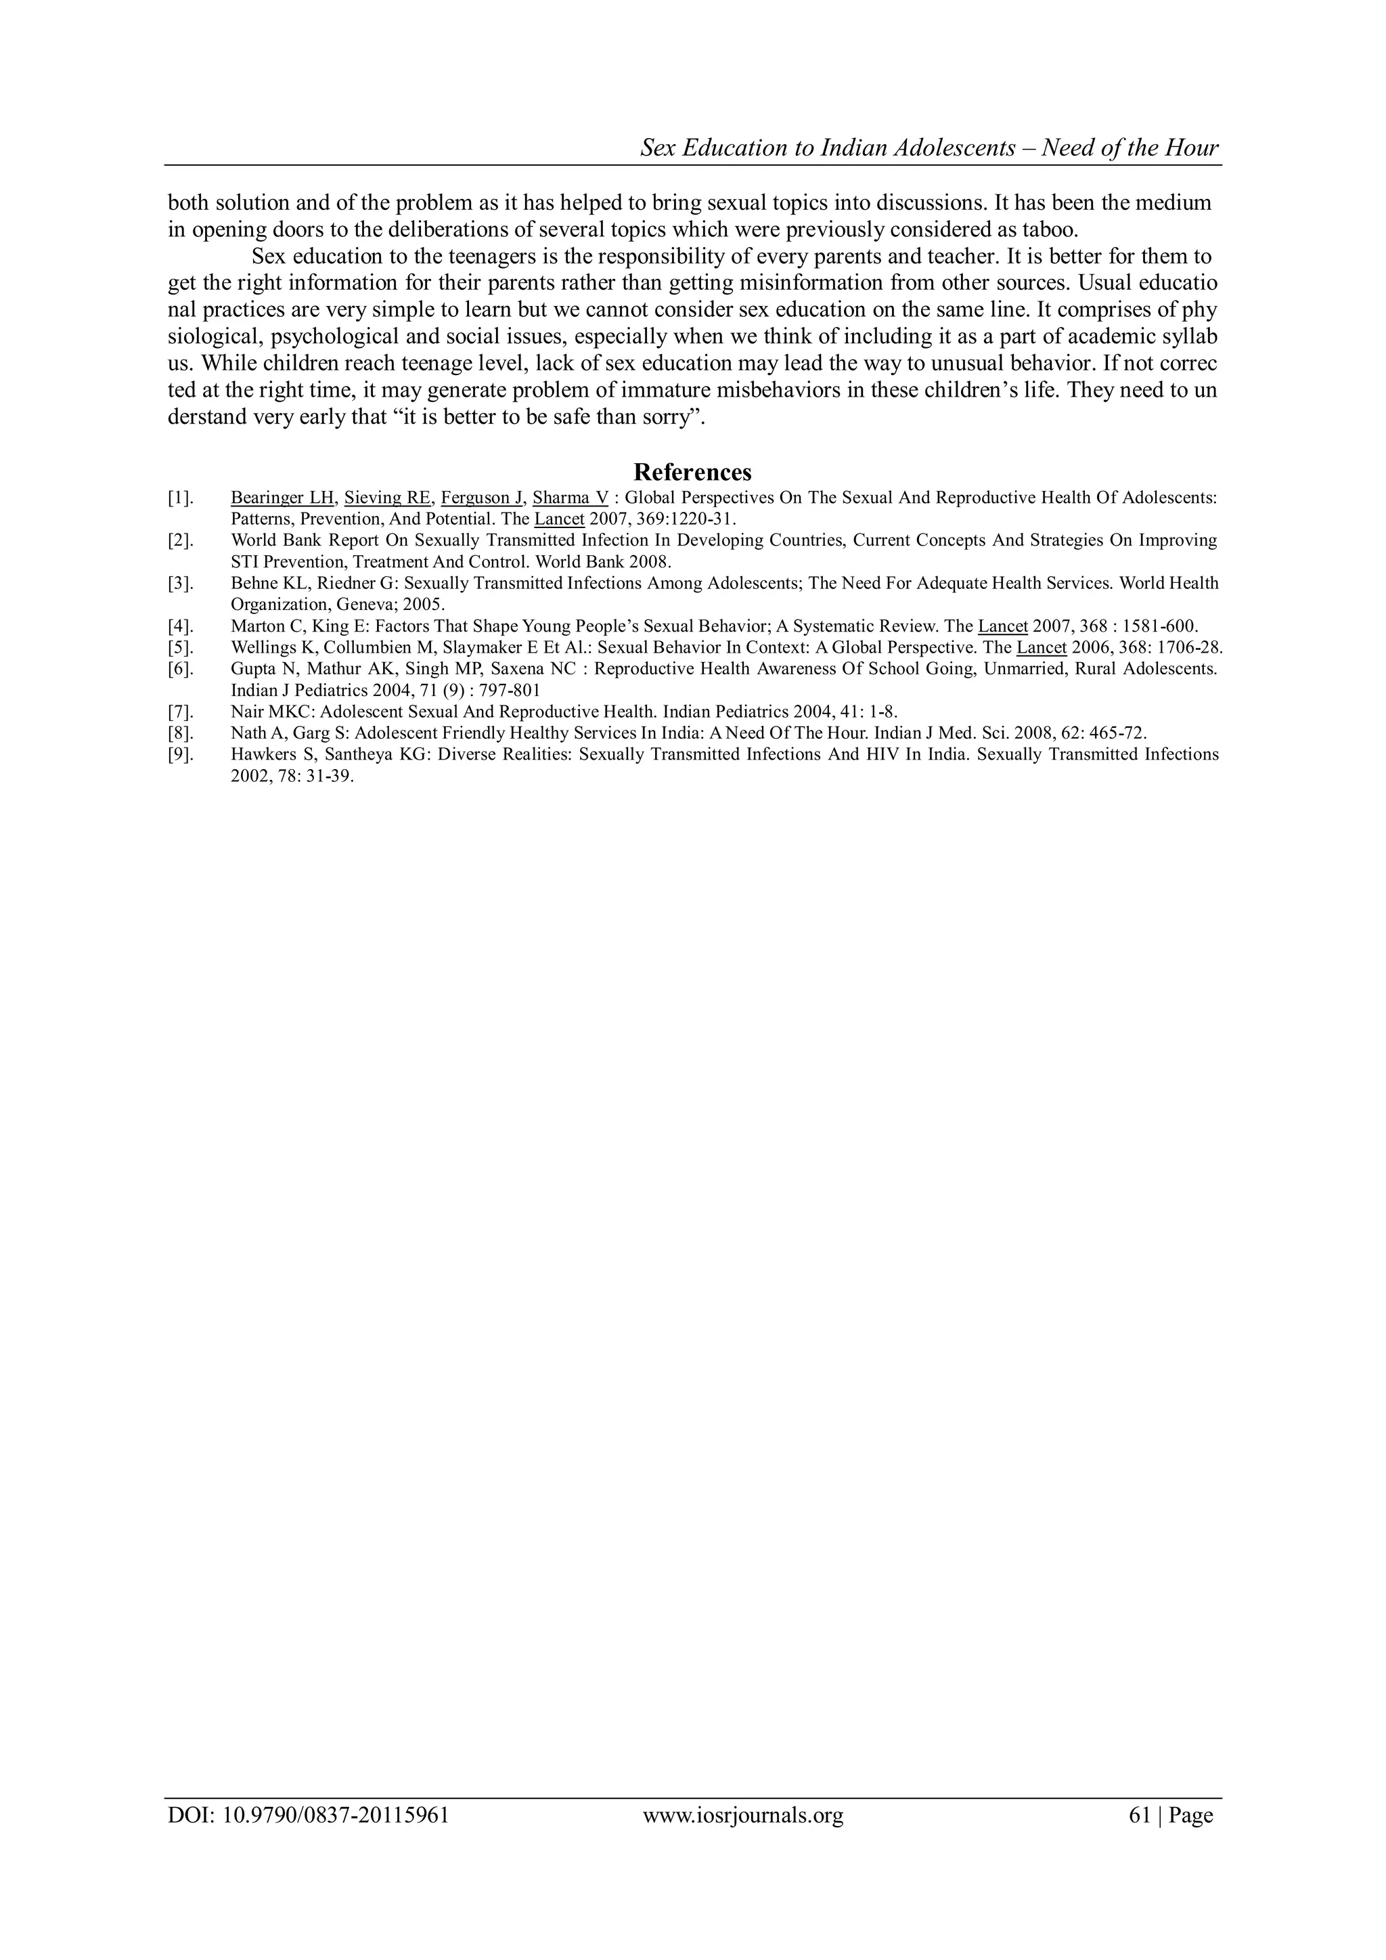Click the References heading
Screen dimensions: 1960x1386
(x=692, y=472)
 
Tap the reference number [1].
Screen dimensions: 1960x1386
(x=179, y=498)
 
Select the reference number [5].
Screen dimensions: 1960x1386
(x=179, y=647)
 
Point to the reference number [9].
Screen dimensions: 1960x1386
(x=179, y=755)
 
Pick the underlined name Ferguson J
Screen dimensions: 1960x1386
(x=481, y=498)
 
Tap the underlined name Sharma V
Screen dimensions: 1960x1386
(x=570, y=498)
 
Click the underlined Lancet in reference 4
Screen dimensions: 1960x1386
(x=1003, y=626)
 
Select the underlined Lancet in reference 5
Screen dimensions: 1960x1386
(x=1042, y=647)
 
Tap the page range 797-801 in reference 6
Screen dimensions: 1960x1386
(x=510, y=691)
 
